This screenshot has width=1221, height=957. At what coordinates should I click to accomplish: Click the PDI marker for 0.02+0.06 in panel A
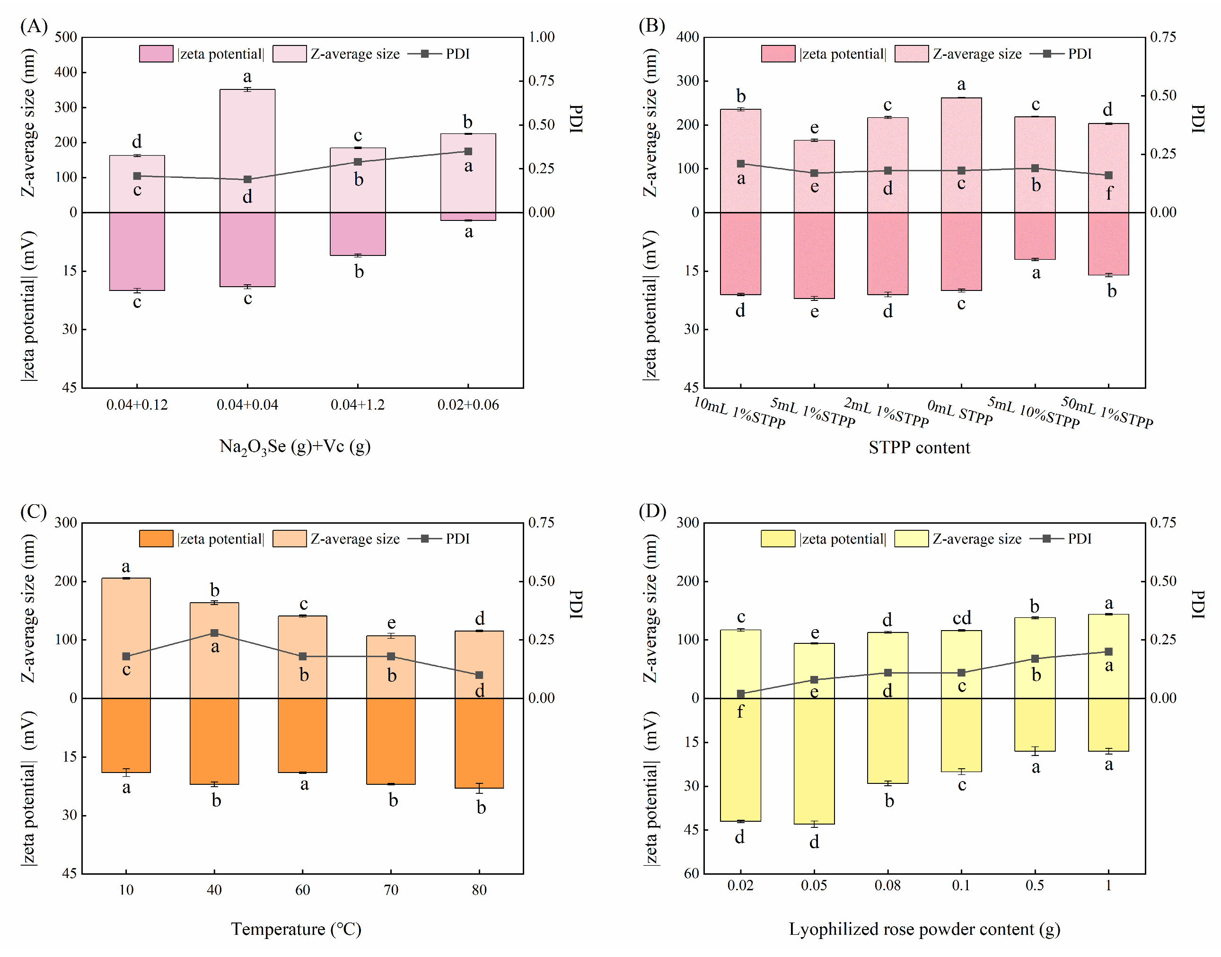pyautogui.click(x=468, y=151)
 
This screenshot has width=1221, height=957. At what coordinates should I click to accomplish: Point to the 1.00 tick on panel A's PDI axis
pyautogui.click(x=541, y=37)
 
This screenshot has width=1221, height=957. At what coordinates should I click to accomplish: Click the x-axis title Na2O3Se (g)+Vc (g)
pyautogui.click(x=295, y=447)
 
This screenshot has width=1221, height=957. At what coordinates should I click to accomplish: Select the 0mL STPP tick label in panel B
pyautogui.click(x=960, y=413)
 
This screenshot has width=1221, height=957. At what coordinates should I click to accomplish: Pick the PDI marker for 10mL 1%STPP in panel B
pyautogui.click(x=741, y=164)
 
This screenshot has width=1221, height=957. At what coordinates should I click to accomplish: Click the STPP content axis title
pyautogui.click(x=919, y=448)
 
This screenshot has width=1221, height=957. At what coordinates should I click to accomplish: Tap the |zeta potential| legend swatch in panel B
pyautogui.click(x=778, y=54)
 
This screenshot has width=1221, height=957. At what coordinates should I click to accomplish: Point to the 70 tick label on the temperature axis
pyautogui.click(x=391, y=890)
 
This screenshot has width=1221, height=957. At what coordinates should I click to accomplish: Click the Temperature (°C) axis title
pyautogui.click(x=296, y=929)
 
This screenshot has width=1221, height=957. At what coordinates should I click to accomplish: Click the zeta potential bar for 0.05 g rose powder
pyautogui.click(x=814, y=761)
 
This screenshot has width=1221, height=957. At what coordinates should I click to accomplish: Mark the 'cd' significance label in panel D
pyautogui.click(x=962, y=618)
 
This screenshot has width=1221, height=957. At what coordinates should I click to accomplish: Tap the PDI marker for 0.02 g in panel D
pyautogui.click(x=741, y=694)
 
